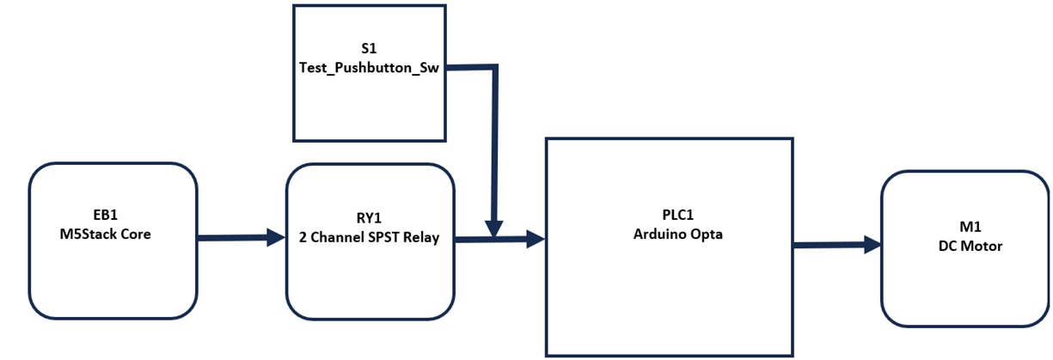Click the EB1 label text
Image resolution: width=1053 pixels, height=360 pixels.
[112, 217]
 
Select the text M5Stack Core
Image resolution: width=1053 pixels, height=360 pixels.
[112, 234]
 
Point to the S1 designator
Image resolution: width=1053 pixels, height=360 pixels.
[369, 51]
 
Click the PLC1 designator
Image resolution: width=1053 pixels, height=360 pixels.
[669, 216]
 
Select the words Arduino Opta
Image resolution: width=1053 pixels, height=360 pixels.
[669, 234]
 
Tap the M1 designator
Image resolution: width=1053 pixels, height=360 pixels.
[964, 228]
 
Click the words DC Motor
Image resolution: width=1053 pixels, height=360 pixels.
[964, 246]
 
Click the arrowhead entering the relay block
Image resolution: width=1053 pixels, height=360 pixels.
[276, 238]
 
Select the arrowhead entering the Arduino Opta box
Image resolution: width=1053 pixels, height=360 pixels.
[536, 240]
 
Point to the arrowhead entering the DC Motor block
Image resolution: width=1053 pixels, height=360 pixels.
[872, 246]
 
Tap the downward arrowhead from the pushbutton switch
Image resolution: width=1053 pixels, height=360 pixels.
[494, 229]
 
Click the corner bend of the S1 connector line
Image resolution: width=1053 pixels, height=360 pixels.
[494, 67]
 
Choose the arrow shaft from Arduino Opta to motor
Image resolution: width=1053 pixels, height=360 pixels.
[830, 246]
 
